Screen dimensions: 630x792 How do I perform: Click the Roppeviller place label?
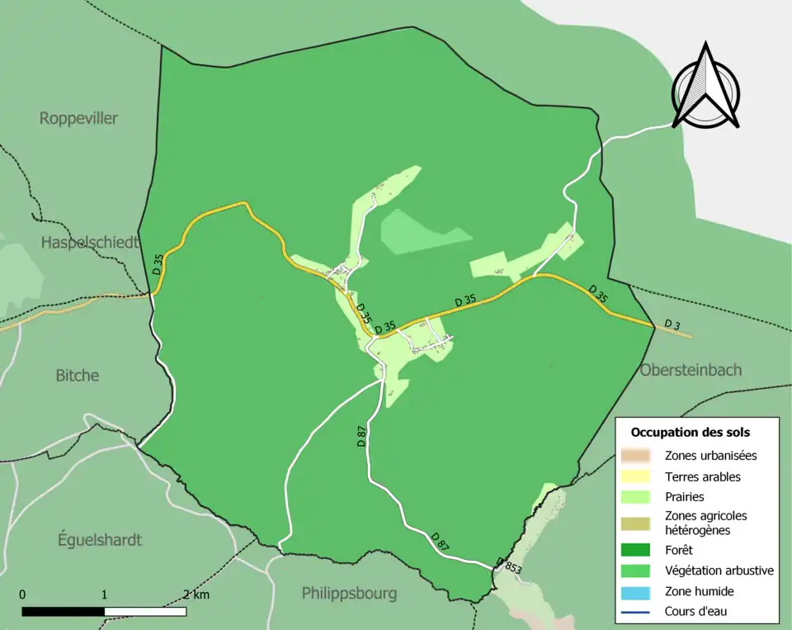(x=78, y=118)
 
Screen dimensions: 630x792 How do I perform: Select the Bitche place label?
(x=77, y=375)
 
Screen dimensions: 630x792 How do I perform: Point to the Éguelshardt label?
(x=100, y=540)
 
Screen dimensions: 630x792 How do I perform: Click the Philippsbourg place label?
(x=349, y=593)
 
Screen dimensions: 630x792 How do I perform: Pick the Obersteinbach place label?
(x=691, y=370)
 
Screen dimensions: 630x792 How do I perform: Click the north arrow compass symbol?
(x=705, y=87)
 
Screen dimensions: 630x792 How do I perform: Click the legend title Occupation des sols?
(x=690, y=432)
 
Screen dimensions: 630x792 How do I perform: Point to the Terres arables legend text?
(x=702, y=476)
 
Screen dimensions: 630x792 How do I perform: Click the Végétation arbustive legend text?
(x=719, y=570)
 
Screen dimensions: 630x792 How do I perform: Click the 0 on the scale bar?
(x=22, y=594)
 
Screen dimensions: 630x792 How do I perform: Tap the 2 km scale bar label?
(x=196, y=594)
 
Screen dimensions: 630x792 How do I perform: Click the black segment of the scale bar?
(x=63, y=612)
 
